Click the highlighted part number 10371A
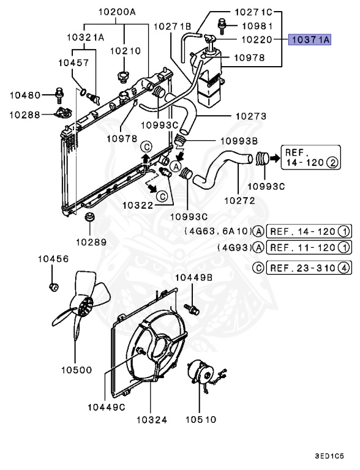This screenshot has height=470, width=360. pyautogui.click(x=310, y=40)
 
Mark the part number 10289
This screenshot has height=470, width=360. pyautogui.click(x=91, y=242)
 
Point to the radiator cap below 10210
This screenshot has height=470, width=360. pyautogui.click(x=123, y=78)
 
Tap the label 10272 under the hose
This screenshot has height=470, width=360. pyautogui.click(x=238, y=200)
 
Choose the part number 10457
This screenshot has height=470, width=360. pyautogui.click(x=74, y=62)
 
